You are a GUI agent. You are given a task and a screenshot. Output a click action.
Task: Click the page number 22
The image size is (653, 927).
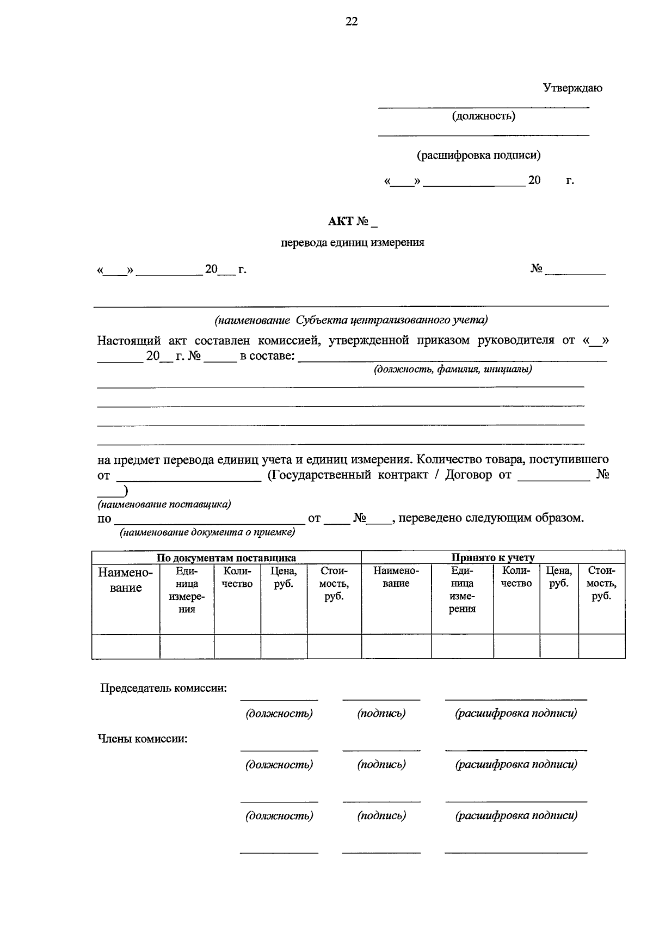[352, 21]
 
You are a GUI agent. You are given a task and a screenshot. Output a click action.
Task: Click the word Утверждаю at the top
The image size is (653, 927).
[572, 88]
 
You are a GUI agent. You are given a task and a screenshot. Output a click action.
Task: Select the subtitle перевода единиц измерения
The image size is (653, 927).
[352, 243]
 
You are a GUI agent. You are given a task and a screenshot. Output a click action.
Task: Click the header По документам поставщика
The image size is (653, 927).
[226, 557]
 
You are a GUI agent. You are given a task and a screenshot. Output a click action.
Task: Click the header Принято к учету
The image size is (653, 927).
[492, 557]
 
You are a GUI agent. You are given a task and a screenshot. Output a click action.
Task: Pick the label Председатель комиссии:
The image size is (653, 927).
[163, 688]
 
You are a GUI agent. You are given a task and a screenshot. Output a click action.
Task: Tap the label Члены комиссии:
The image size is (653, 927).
[143, 739]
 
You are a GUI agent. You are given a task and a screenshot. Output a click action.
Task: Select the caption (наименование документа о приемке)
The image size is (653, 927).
[207, 532]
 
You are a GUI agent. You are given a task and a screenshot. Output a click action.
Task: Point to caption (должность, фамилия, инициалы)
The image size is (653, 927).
[452, 370]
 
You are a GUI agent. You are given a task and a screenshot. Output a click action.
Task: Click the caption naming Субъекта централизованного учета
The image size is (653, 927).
[351, 320]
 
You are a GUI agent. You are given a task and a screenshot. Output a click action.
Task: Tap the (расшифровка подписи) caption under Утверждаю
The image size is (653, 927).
[479, 155]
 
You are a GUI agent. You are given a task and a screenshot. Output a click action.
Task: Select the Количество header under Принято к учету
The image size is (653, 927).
[516, 577]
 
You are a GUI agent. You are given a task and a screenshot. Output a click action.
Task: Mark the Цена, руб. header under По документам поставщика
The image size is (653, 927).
[284, 577]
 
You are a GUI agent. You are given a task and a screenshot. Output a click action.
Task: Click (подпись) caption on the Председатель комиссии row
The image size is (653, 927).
[381, 713]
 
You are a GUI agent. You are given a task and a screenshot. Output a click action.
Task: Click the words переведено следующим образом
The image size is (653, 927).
[491, 518]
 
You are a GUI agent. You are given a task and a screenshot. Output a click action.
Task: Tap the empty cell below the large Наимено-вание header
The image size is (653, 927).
[126, 647]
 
